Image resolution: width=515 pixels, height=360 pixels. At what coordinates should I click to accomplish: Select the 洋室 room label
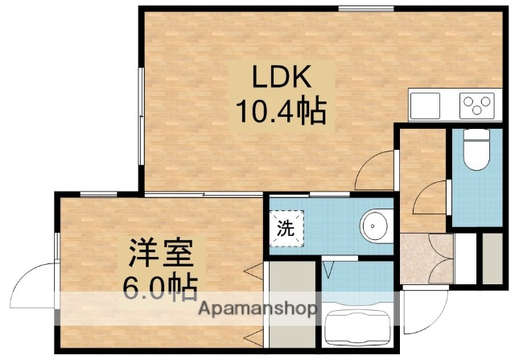(x=159, y=255)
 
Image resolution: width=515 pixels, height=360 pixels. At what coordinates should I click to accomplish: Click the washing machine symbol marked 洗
(x=286, y=226)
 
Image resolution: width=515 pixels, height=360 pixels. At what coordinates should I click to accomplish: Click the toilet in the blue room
(x=476, y=151)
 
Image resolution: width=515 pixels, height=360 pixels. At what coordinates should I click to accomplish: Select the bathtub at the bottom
(x=357, y=331)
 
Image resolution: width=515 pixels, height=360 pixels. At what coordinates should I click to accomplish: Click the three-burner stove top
(x=476, y=104)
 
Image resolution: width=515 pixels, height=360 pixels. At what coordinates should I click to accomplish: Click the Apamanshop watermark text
(x=257, y=309)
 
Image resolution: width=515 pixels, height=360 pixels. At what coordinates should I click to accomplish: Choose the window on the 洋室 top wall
(x=97, y=193)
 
